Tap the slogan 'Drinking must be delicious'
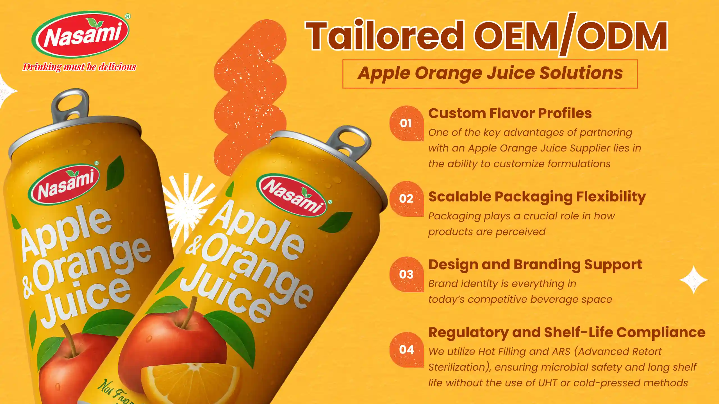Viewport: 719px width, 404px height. point(79,67)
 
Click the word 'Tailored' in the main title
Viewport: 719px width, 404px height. point(384,36)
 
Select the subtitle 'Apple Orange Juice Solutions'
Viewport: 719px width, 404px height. point(490,73)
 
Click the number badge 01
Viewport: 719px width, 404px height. point(406,123)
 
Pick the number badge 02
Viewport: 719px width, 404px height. point(406,199)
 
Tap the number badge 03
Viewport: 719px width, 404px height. point(406,274)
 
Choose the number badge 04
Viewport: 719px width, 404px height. point(406,350)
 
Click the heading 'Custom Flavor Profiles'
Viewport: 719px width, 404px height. point(510,113)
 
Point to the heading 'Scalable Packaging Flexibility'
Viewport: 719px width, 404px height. point(537,197)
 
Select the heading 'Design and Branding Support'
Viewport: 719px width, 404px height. point(535,265)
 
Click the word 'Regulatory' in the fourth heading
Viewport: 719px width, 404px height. point(468,333)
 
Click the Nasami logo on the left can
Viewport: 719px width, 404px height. point(64,184)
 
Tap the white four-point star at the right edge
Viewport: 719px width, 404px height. point(694,280)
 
